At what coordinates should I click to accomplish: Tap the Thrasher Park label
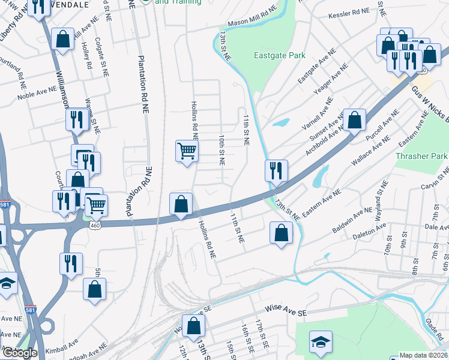(x=422, y=156)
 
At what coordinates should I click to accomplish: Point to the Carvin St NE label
(x=433, y=187)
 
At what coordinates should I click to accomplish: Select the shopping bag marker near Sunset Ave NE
(x=355, y=119)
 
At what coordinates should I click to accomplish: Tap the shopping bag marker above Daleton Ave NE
(x=281, y=232)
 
